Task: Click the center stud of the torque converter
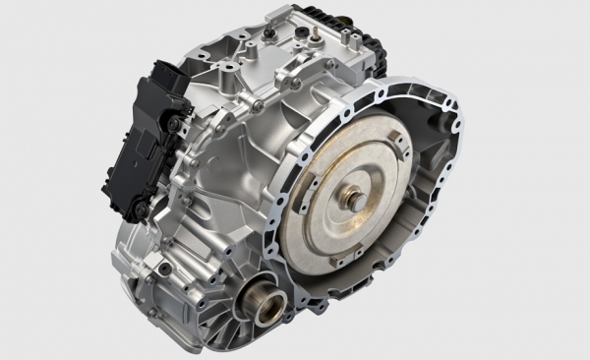tap(355, 202)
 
